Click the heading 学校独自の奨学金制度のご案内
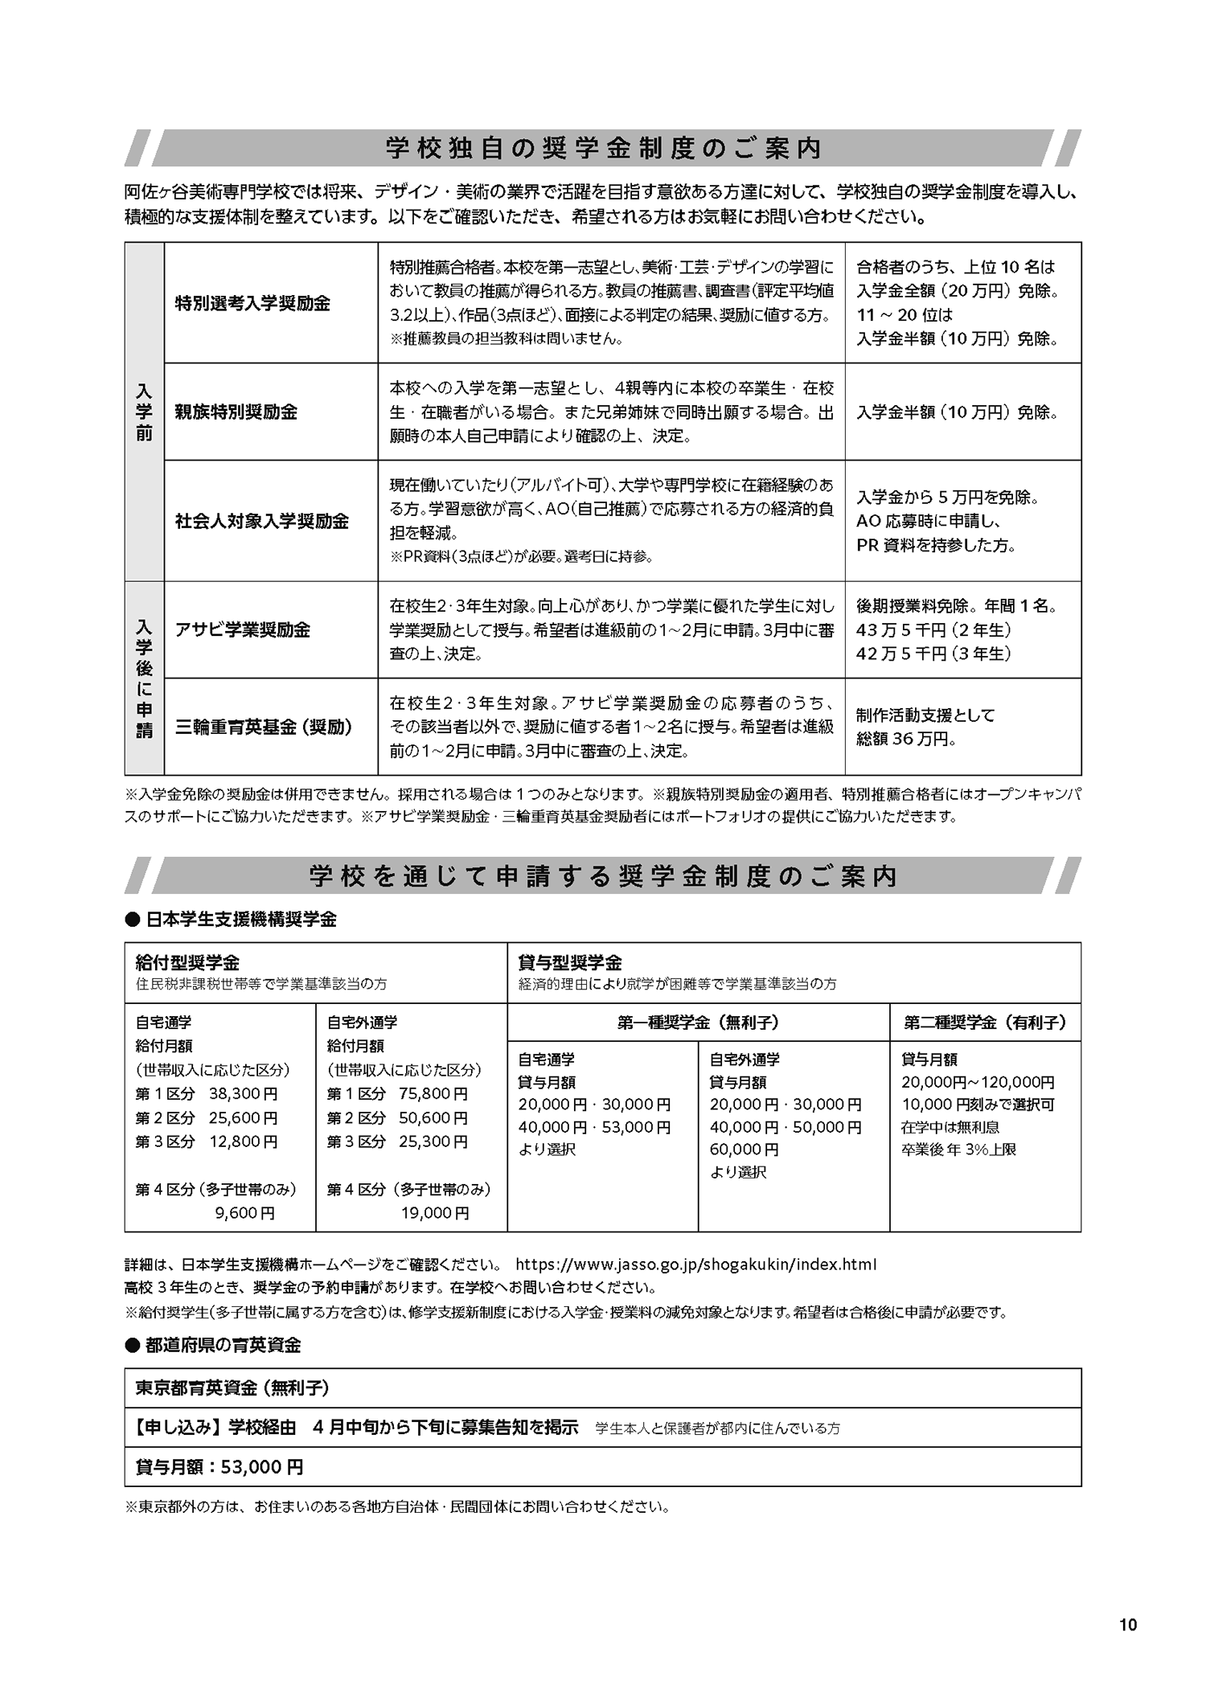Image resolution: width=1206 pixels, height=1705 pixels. coord(603,149)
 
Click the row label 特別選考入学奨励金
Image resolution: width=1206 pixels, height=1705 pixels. coord(252,304)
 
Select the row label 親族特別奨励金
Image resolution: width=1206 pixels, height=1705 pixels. coord(236,412)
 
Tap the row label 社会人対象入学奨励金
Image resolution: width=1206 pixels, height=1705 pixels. coord(262,521)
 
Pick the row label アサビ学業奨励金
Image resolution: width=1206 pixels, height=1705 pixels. coord(243,629)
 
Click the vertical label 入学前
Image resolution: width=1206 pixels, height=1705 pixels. coord(144,412)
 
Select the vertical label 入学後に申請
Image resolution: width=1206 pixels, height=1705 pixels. coord(144,678)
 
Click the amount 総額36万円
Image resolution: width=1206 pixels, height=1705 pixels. coord(905,739)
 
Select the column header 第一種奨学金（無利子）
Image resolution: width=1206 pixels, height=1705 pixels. coord(698,1023)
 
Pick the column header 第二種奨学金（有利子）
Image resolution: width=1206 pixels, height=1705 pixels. coord(985,1023)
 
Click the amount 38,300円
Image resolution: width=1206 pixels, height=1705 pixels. coord(243,1094)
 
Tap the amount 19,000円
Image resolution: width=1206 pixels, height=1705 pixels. coord(434,1213)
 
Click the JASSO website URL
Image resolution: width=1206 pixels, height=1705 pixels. coord(695,1264)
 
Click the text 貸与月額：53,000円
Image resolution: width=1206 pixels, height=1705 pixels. coord(219,1467)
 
